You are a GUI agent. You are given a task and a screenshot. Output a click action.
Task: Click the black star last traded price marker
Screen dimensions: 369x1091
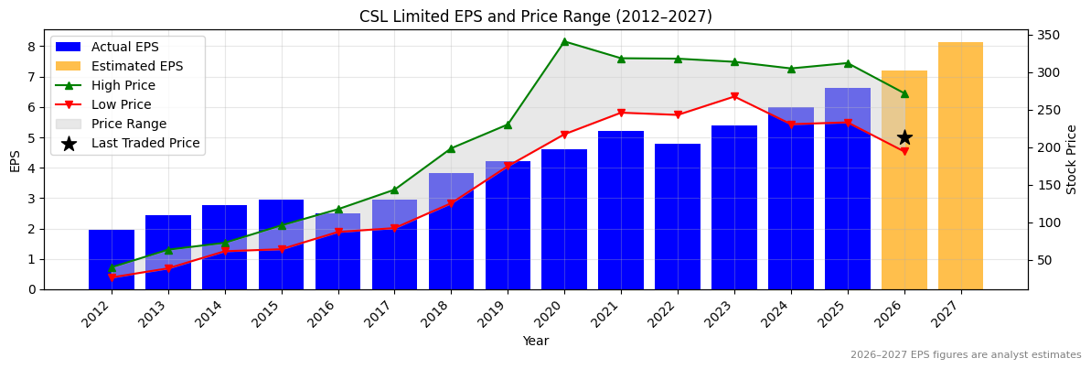(x=904, y=137)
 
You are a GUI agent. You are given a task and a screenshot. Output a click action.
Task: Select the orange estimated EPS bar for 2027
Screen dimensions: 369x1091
(x=960, y=166)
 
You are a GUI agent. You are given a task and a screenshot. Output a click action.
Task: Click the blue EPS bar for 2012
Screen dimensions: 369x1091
(x=112, y=260)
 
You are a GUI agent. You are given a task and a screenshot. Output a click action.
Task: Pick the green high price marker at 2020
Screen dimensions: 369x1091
(x=564, y=41)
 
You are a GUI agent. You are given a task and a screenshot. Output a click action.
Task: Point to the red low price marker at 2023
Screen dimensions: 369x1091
(x=734, y=96)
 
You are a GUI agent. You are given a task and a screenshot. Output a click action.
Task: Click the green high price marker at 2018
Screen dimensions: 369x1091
(x=451, y=148)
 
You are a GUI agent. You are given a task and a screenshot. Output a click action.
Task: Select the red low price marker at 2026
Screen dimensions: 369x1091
(x=904, y=151)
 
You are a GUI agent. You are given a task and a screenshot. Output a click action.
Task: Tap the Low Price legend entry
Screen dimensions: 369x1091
(x=121, y=104)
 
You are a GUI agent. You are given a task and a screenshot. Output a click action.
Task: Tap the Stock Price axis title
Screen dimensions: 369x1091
(x=1072, y=159)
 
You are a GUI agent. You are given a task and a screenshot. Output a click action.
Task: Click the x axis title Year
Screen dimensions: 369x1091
(x=536, y=342)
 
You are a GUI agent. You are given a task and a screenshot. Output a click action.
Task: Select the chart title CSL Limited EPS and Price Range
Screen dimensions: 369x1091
(x=536, y=16)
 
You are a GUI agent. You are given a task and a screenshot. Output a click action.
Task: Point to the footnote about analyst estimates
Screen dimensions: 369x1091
(x=966, y=355)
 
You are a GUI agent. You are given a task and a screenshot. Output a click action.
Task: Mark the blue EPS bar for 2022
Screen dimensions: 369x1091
(x=678, y=216)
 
